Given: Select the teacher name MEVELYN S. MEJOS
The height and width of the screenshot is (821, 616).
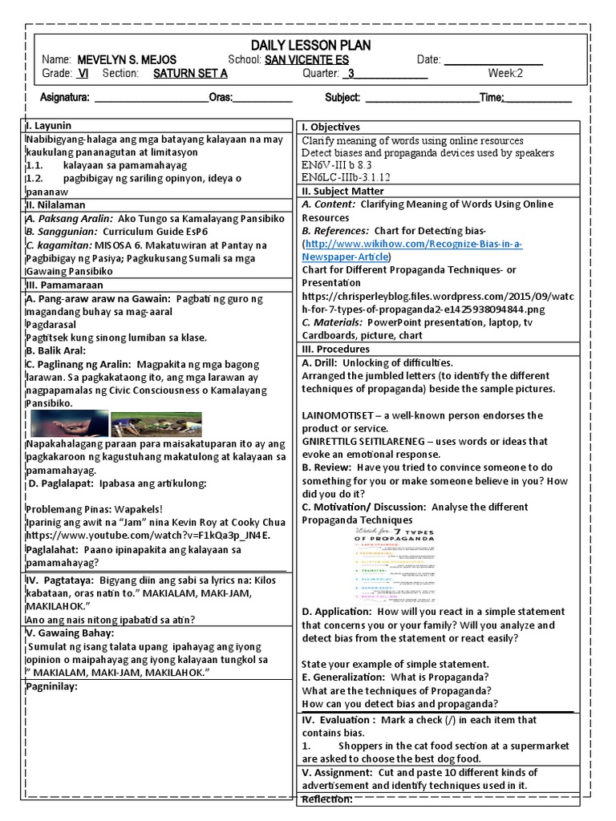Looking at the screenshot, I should coord(127,60).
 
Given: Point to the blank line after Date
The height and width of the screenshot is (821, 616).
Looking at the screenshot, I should coord(493,61).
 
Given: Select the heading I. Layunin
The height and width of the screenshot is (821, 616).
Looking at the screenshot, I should coord(49,126).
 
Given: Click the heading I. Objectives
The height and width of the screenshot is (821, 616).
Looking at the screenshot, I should coord(330,127).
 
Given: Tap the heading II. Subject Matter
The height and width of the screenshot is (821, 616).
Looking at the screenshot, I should coord(342,192).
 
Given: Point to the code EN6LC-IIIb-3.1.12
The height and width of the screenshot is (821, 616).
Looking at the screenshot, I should coord(346,178).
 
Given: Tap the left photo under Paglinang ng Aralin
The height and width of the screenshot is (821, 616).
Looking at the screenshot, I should coord(68,423).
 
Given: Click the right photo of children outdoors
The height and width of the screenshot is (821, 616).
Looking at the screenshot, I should coord(156,423).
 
